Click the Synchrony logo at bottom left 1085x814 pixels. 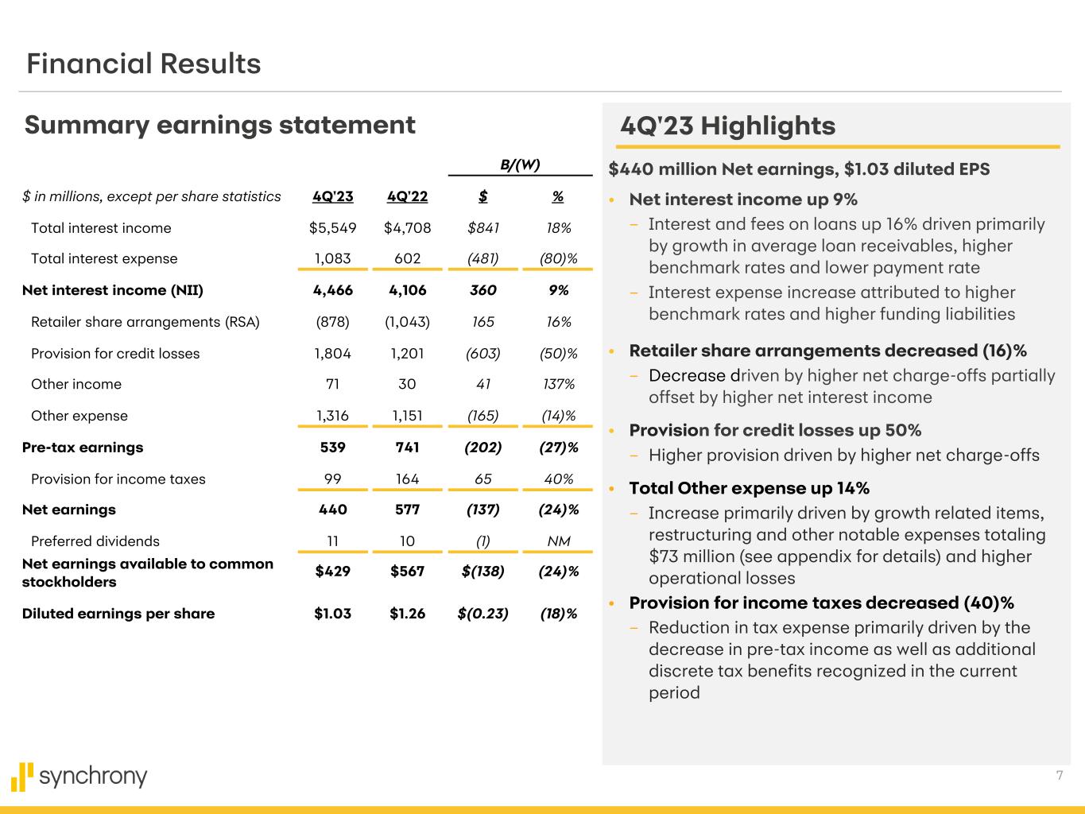pos(79,777)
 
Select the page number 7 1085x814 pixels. pos(1059,776)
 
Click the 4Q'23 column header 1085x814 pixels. pos(332,196)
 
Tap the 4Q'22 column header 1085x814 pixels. pos(407,196)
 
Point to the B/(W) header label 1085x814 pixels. pos(520,165)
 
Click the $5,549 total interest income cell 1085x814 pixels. pos(332,228)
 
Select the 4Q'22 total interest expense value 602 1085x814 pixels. pos(407,258)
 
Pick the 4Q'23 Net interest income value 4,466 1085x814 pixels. pos(332,290)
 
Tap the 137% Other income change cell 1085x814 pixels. pos(558,384)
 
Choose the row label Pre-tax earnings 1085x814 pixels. pos(83,448)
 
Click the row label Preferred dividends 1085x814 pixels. pos(95,541)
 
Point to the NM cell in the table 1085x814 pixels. pos(558,541)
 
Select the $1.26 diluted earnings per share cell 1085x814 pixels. pos(407,614)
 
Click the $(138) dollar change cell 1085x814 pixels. pos(482,572)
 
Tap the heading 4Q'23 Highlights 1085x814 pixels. pos(727,126)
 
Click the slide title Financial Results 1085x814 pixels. pos(143,64)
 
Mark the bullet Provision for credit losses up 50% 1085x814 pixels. pos(775,430)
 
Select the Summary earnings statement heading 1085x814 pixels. pos(219,125)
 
